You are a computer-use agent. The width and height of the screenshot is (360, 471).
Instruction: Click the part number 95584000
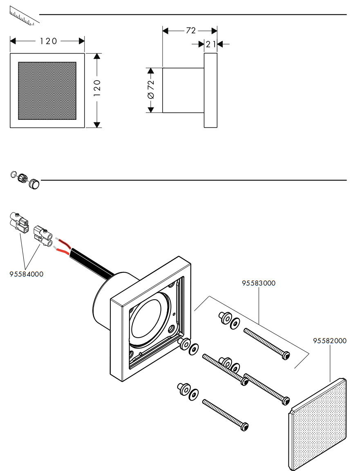tap(27, 274)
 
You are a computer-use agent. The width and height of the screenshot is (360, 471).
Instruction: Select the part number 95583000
tap(259, 283)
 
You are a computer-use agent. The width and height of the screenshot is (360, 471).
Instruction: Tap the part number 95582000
tap(330, 341)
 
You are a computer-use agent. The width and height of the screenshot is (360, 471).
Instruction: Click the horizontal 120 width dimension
tap(48, 41)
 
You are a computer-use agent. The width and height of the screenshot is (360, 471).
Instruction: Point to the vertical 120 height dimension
tap(97, 88)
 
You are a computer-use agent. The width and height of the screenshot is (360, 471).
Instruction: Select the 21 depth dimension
tap(211, 45)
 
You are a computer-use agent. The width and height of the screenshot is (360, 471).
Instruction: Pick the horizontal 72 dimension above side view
tap(191, 30)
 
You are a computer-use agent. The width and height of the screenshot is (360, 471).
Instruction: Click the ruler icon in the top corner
tap(24, 16)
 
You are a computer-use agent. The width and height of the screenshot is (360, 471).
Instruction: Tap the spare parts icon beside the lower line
tap(25, 180)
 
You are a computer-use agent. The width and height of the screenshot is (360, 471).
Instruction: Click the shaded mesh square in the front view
tap(47, 91)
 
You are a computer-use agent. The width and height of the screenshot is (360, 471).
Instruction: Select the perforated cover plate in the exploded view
tap(318, 424)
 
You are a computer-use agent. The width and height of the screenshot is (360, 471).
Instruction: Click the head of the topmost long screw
tap(286, 356)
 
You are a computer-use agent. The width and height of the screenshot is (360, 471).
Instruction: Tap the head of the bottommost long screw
tap(244, 426)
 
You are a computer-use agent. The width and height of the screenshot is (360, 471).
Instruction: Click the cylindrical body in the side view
tap(183, 90)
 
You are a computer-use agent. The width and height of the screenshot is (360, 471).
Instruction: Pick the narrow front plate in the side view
tap(210, 90)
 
